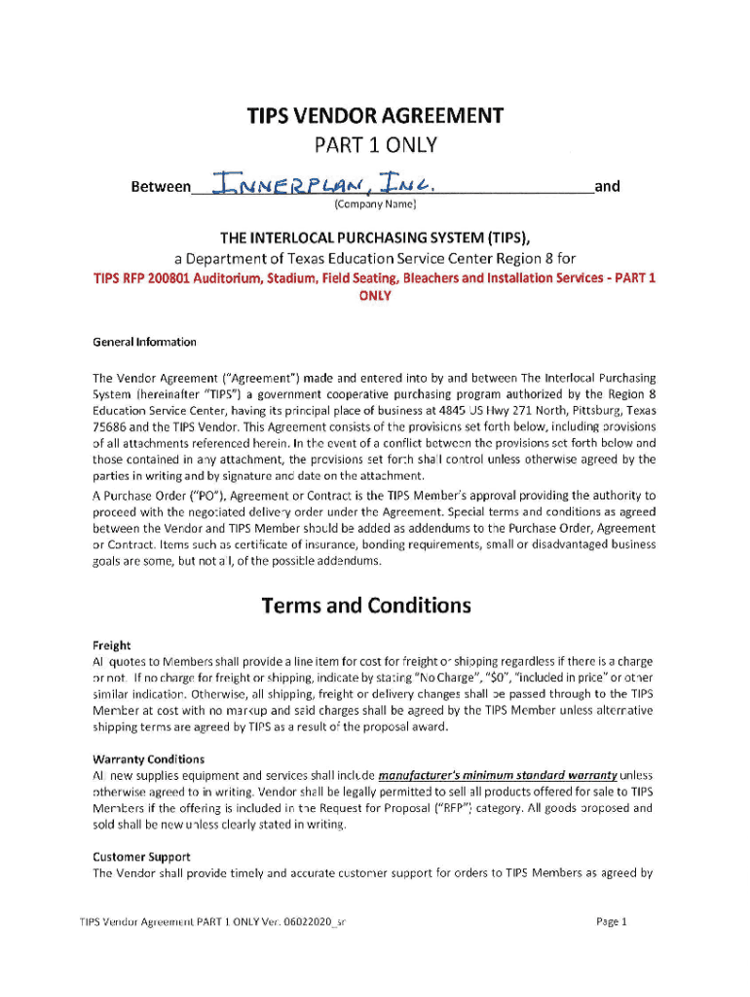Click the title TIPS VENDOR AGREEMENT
pyautogui.click(x=375, y=117)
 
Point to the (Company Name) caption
pyautogui.click(x=375, y=204)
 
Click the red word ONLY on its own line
pyautogui.click(x=375, y=296)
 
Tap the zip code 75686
pyautogui.click(x=112, y=426)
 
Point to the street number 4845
pyautogui.click(x=456, y=410)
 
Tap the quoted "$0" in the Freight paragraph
pyautogui.click(x=478, y=677)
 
